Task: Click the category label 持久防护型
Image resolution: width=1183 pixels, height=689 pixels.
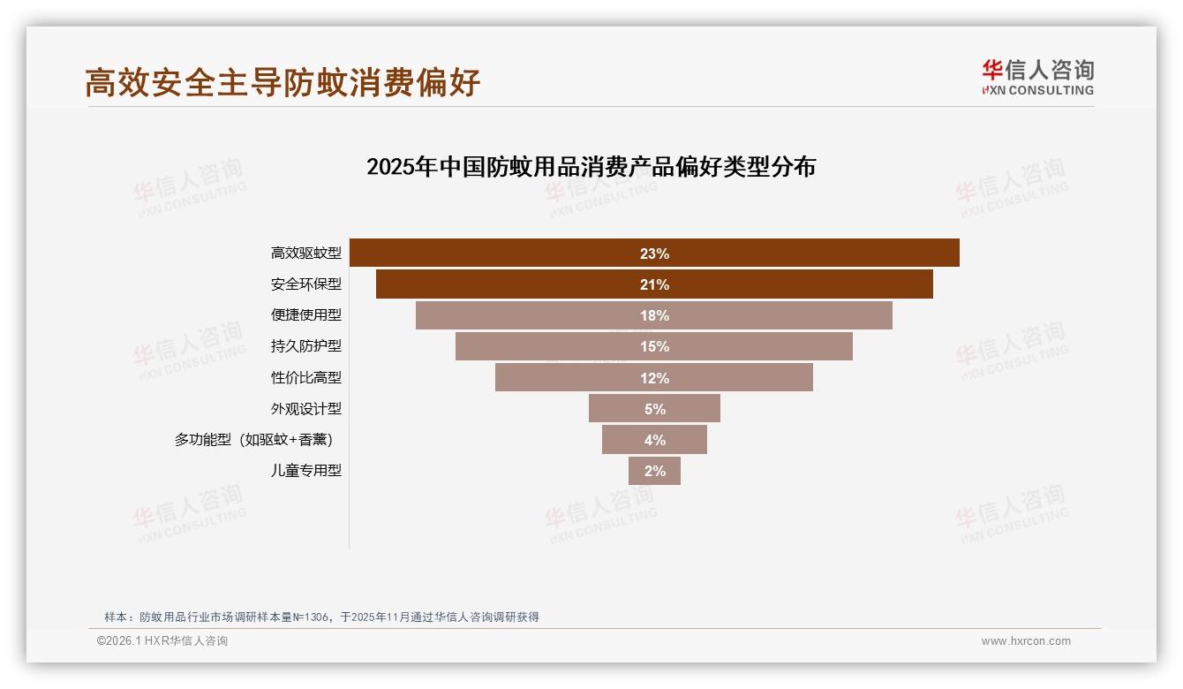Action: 305,346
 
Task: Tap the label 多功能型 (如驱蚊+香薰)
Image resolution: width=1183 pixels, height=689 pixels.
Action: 253,440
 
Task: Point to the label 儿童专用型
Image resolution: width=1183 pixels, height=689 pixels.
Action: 305,471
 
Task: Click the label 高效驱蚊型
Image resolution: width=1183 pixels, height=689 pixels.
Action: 305,254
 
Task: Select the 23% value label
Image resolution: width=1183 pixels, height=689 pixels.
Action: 654,254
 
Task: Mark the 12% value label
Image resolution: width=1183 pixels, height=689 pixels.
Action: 654,378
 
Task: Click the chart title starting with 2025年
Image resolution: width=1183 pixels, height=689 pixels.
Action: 591,167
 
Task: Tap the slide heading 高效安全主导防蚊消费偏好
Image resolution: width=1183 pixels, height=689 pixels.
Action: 283,82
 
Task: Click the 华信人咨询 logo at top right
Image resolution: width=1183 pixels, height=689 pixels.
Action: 1037,77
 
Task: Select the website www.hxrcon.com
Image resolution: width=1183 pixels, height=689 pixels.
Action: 1026,641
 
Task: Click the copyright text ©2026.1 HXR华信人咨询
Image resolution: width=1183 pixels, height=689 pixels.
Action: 162,641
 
